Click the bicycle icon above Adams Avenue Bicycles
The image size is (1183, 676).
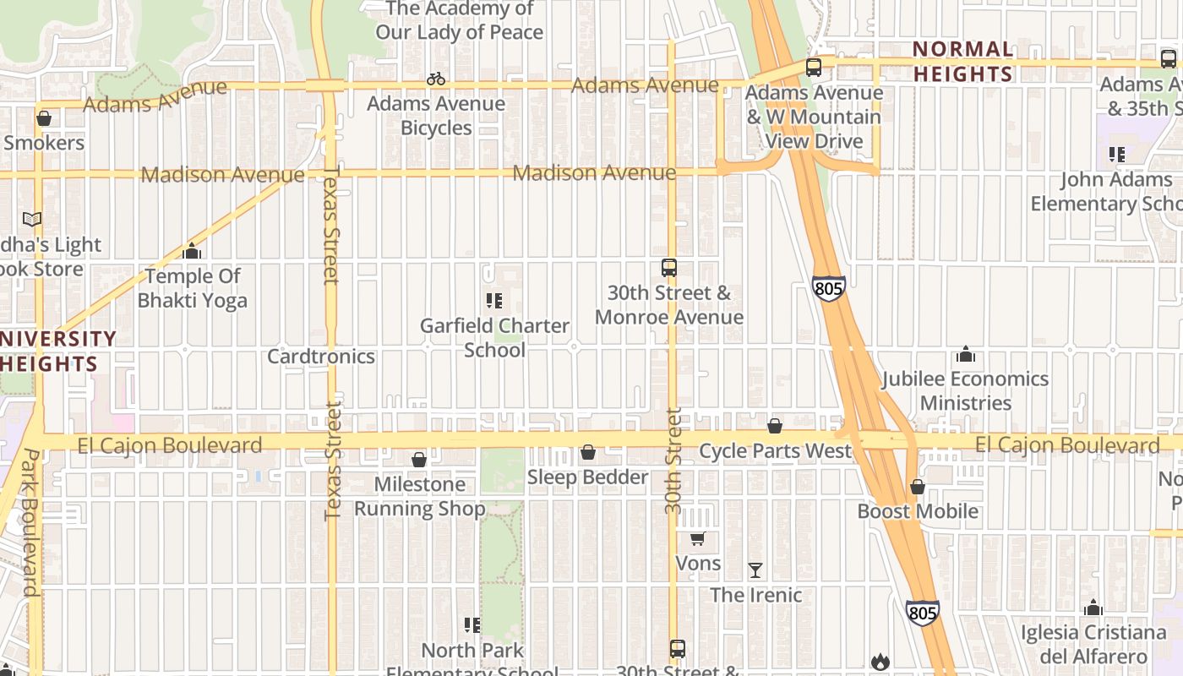click(x=436, y=79)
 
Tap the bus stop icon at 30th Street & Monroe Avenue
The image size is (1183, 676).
click(x=669, y=268)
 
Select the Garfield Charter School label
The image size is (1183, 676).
click(x=495, y=337)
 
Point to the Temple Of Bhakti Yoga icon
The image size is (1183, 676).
click(x=192, y=251)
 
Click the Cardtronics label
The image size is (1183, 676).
click(x=321, y=356)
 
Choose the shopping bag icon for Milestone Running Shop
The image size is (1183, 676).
click(x=419, y=460)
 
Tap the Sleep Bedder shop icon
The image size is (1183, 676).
click(x=588, y=453)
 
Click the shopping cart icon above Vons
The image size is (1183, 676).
click(x=698, y=539)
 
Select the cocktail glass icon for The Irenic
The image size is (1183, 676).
click(x=755, y=570)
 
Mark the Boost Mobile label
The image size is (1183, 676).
click(x=918, y=511)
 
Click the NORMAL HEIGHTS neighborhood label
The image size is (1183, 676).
click(x=962, y=62)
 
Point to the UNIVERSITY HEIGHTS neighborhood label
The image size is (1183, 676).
click(x=51, y=351)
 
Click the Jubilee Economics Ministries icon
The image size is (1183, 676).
click(x=965, y=354)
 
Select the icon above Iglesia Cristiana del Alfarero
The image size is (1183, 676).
click(x=1093, y=608)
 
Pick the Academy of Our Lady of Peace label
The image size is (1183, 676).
click(x=459, y=21)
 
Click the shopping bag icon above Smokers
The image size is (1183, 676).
click(x=44, y=118)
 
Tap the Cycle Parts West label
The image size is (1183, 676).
click(x=775, y=450)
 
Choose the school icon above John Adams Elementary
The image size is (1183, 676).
click(x=1117, y=155)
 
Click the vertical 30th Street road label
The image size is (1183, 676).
click(x=673, y=461)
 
